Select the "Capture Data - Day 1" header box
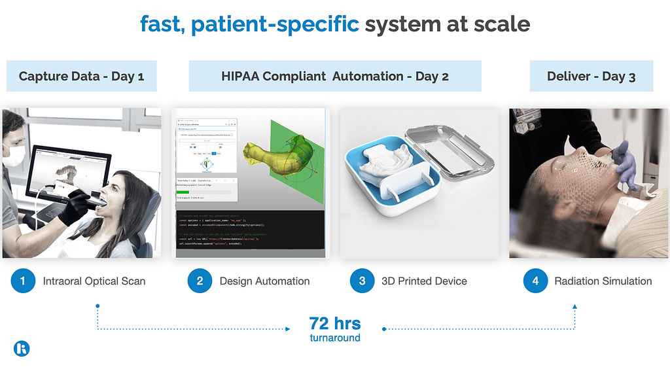(81, 76)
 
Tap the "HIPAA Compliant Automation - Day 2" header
(335, 76)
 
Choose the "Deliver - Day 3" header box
(591, 76)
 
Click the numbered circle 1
(23, 281)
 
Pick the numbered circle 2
(200, 281)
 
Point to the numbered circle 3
(362, 281)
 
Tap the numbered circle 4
(535, 281)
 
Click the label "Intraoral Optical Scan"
(94, 281)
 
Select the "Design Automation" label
(264, 281)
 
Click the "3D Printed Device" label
(424, 281)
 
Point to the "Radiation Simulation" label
(603, 281)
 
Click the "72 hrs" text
(334, 323)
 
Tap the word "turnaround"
(334, 338)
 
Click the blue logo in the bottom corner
(22, 348)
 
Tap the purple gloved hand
(624, 164)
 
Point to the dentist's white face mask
(15, 156)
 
